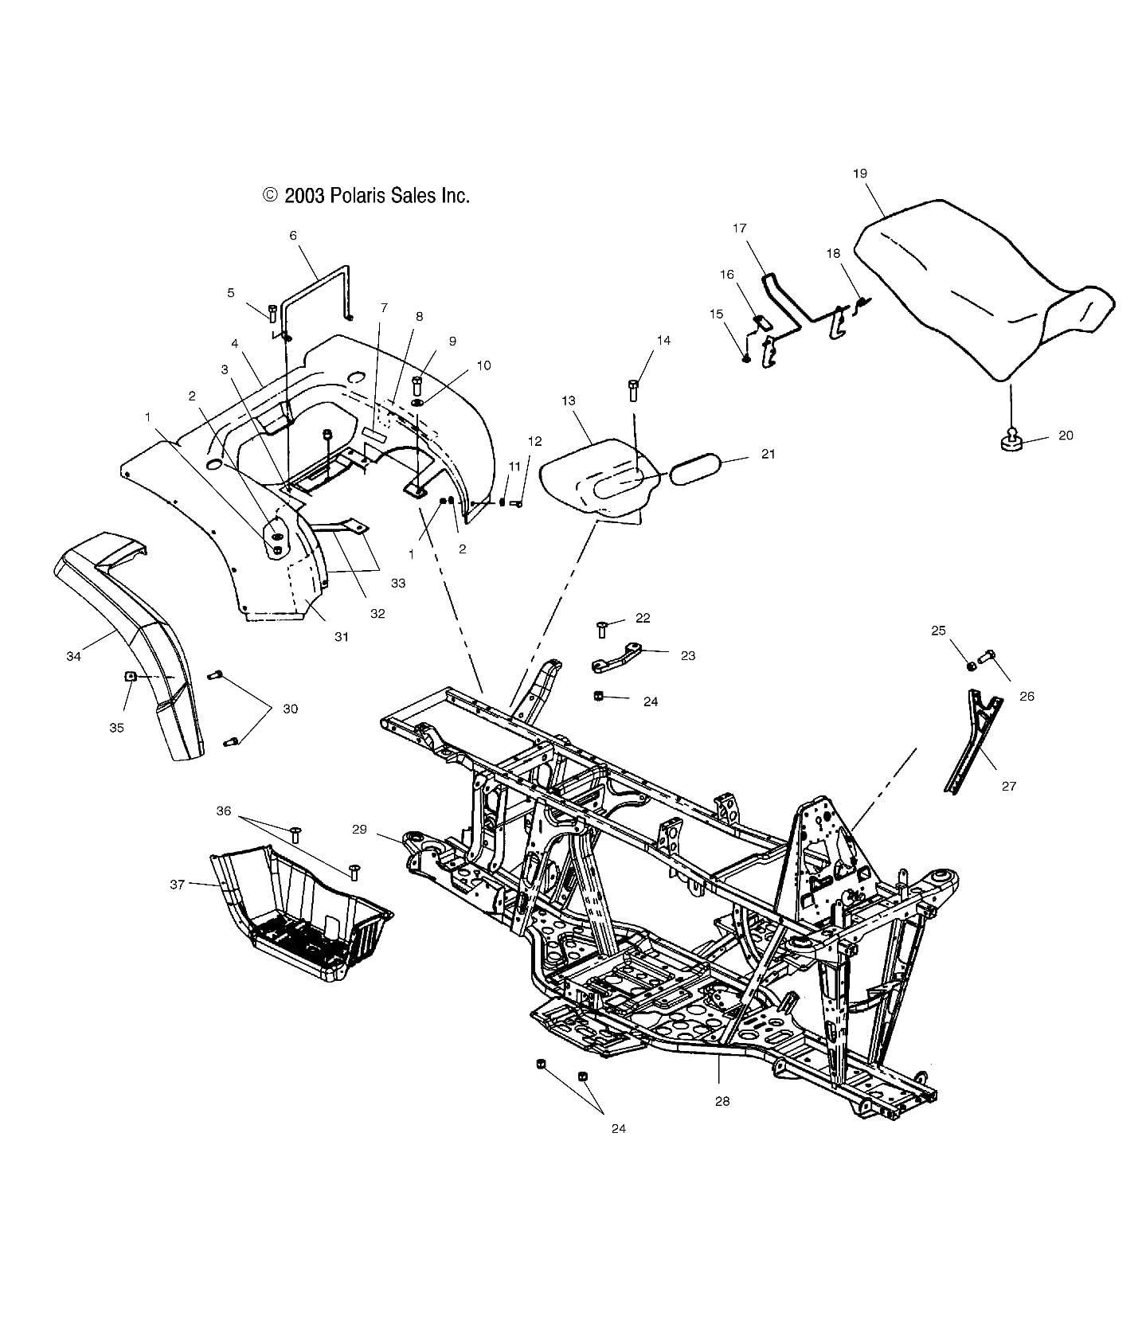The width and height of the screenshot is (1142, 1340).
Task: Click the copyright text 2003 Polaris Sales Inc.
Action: point(366,196)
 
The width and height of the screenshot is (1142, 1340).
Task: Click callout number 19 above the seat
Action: point(859,174)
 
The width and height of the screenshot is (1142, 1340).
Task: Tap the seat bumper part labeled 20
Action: point(1011,440)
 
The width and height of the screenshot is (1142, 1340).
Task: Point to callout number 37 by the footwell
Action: point(177,884)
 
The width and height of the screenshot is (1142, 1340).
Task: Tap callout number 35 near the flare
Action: point(116,728)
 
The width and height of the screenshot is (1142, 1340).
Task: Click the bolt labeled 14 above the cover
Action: point(634,389)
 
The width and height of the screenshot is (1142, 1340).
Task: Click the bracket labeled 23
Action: point(616,658)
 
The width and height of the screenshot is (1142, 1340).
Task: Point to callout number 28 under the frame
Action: point(722,1101)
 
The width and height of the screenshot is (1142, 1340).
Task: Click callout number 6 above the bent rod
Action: point(292,235)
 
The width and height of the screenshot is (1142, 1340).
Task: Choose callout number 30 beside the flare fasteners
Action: point(290,709)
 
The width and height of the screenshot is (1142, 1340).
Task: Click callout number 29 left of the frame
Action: point(359,829)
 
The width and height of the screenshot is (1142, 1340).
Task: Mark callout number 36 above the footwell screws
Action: point(224,811)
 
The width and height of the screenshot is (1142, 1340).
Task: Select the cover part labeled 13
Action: point(593,478)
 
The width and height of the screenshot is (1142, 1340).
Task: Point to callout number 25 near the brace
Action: point(938,631)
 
